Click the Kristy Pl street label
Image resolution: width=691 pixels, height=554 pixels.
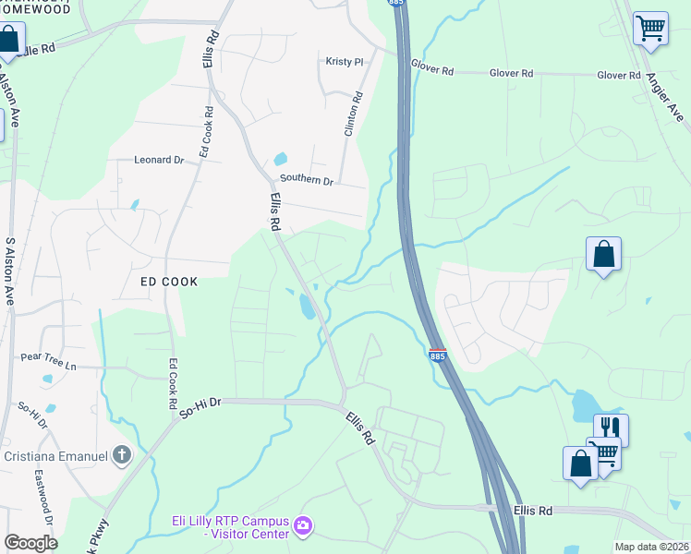click(x=345, y=62)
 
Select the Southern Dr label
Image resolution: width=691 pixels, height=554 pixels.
click(x=306, y=181)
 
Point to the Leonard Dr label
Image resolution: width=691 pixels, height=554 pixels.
click(x=160, y=160)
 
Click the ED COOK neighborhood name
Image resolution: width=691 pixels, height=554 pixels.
click(x=169, y=282)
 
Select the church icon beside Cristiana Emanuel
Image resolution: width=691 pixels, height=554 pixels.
click(x=121, y=454)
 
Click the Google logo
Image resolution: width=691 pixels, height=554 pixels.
click(x=30, y=543)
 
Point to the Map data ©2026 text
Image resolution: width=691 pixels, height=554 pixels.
click(x=651, y=547)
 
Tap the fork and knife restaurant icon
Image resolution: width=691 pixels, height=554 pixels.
click(x=610, y=428)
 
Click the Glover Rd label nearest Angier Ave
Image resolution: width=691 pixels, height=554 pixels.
click(x=618, y=75)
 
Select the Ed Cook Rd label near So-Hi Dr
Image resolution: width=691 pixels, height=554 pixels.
click(x=172, y=384)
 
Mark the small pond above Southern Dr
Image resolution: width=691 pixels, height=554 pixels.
click(x=280, y=159)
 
